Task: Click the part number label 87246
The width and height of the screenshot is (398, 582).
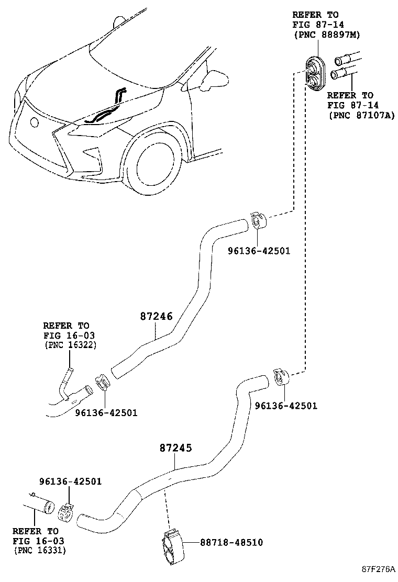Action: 156,316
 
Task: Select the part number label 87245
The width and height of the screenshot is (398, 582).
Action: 176,448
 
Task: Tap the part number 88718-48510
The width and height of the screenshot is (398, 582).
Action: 231,542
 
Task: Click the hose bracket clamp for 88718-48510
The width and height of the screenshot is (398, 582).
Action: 171,545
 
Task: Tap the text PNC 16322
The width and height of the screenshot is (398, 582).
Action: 70,344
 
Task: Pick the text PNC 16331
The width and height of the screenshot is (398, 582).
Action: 40,550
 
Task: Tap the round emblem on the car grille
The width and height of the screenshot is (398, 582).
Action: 34,122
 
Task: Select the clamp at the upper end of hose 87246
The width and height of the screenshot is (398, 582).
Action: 258,220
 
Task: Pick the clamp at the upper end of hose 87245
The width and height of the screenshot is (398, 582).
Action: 281,377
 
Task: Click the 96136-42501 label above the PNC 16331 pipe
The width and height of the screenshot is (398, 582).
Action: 70,482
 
